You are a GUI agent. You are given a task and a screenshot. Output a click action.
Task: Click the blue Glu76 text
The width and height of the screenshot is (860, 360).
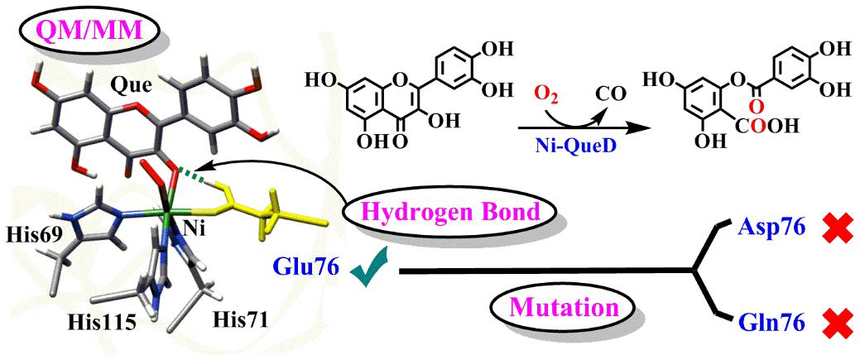pyautogui.click(x=306, y=267)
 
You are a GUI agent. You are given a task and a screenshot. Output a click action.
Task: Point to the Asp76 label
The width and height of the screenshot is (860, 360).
pyautogui.click(x=770, y=228)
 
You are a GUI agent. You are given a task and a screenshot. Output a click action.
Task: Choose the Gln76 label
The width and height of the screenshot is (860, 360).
pyautogui.click(x=770, y=323)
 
